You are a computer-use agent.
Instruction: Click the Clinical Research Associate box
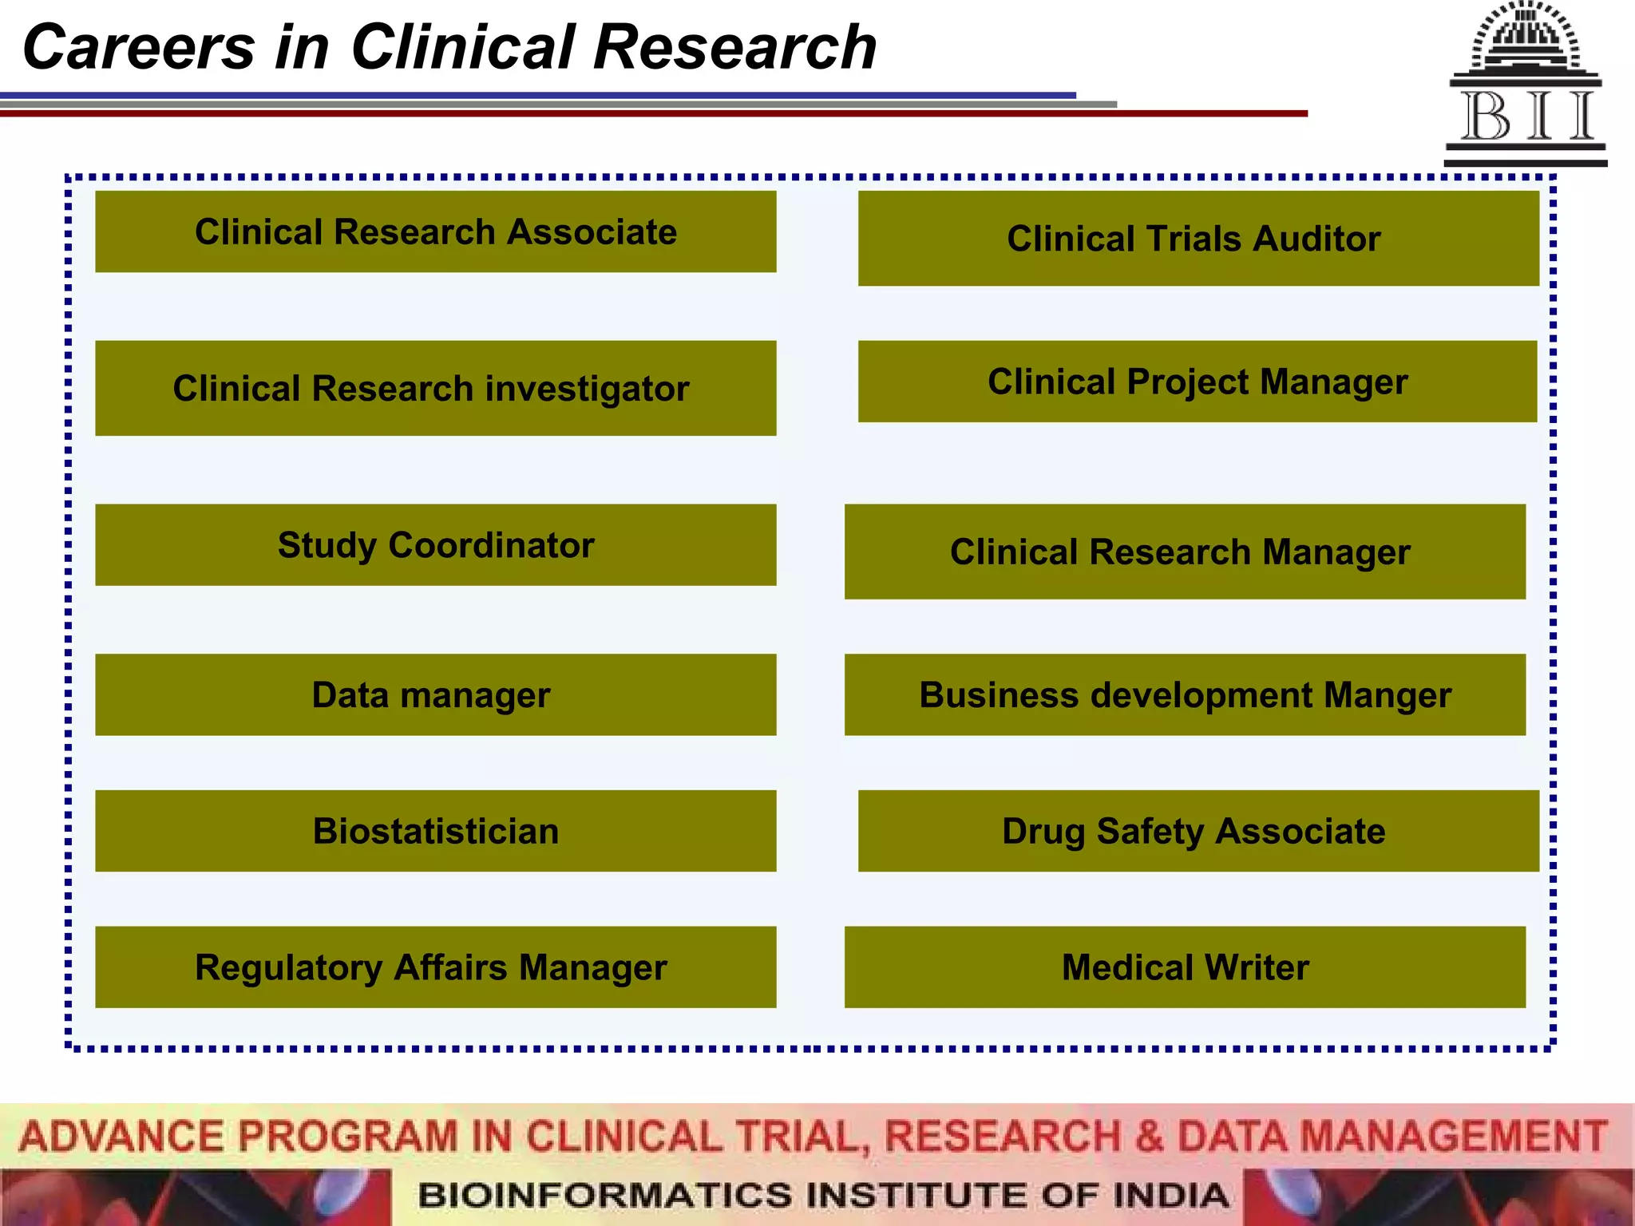click(435, 231)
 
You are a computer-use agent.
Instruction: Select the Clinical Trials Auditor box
click(1198, 238)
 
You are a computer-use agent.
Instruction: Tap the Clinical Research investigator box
click(435, 388)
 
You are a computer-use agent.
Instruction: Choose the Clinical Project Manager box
click(1197, 382)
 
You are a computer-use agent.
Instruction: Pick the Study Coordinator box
click(435, 545)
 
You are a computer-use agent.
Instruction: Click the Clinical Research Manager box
click(1184, 552)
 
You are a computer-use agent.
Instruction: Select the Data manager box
click(435, 694)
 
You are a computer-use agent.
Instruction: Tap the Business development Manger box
click(1184, 694)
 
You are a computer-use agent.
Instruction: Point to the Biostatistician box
click(435, 831)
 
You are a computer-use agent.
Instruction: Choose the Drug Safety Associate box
click(1198, 831)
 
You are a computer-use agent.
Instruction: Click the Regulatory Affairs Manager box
click(435, 967)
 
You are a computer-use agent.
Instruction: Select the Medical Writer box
click(1184, 967)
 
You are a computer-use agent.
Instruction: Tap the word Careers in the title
click(139, 48)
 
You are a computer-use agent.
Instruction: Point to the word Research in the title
click(734, 48)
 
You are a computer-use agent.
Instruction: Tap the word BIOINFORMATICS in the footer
click(607, 1196)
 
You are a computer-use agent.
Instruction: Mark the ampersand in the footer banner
click(1149, 1137)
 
